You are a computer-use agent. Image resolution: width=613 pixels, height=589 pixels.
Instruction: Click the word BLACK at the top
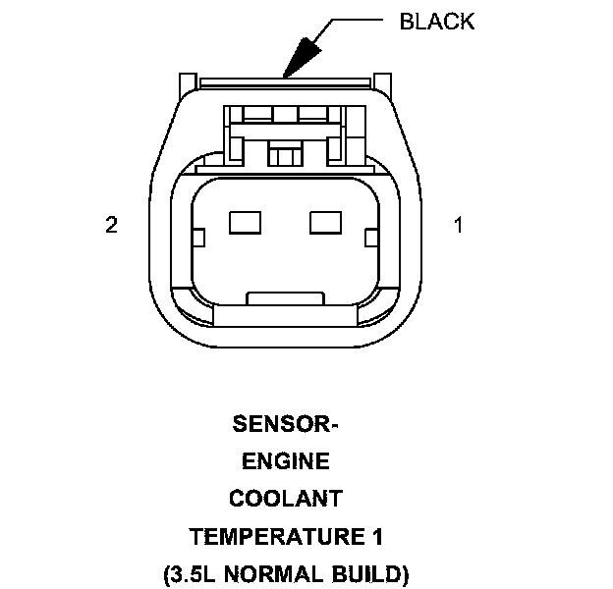(437, 22)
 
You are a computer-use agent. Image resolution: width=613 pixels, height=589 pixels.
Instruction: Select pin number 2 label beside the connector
(112, 225)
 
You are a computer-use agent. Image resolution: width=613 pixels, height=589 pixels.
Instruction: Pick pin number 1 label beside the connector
(458, 225)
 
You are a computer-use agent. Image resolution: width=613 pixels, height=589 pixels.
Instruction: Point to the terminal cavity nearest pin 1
(324, 223)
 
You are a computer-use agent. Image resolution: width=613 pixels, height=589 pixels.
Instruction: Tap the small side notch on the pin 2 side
(196, 237)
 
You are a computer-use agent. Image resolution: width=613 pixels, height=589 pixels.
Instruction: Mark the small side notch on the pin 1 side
(370, 237)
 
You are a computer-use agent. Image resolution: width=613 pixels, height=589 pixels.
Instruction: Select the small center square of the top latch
(285, 155)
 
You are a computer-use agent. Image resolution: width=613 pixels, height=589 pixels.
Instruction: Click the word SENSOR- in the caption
(285, 424)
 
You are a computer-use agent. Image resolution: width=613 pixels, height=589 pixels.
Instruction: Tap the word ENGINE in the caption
(285, 461)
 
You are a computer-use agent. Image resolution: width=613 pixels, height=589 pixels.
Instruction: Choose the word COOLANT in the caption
(285, 499)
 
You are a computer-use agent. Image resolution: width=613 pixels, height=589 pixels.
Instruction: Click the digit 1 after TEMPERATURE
(377, 536)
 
